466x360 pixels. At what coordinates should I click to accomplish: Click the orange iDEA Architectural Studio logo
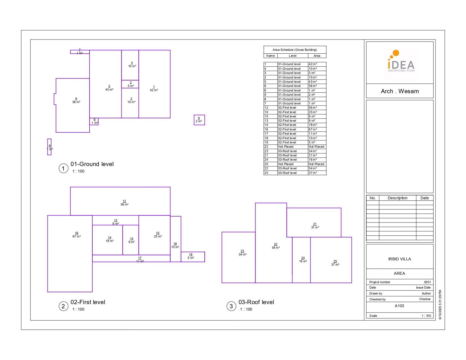(x=401, y=61)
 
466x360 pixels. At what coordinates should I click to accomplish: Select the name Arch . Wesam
(x=400, y=91)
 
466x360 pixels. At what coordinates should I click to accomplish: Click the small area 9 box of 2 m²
(x=199, y=120)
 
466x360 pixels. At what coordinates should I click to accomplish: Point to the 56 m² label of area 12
(x=124, y=204)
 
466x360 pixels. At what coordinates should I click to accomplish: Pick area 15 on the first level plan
(x=130, y=240)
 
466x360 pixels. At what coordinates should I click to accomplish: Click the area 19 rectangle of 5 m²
(x=193, y=257)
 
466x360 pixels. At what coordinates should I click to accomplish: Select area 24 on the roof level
(x=301, y=260)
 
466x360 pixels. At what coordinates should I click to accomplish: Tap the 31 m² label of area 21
(x=315, y=227)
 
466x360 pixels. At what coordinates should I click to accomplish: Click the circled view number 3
(x=231, y=306)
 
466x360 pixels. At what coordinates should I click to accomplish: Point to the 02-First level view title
(x=88, y=302)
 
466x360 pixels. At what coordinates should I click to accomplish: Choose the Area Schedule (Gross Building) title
(x=295, y=50)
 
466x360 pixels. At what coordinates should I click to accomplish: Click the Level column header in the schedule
(x=293, y=56)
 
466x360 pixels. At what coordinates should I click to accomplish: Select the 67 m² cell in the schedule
(x=313, y=130)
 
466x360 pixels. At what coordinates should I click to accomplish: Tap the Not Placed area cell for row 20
(x=316, y=164)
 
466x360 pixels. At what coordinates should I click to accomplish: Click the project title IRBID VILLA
(x=400, y=259)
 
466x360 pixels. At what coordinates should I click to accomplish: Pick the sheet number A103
(x=399, y=306)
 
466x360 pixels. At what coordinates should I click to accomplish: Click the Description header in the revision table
(x=397, y=198)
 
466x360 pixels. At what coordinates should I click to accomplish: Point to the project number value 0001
(x=427, y=282)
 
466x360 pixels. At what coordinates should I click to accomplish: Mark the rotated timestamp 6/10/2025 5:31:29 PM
(x=440, y=305)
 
